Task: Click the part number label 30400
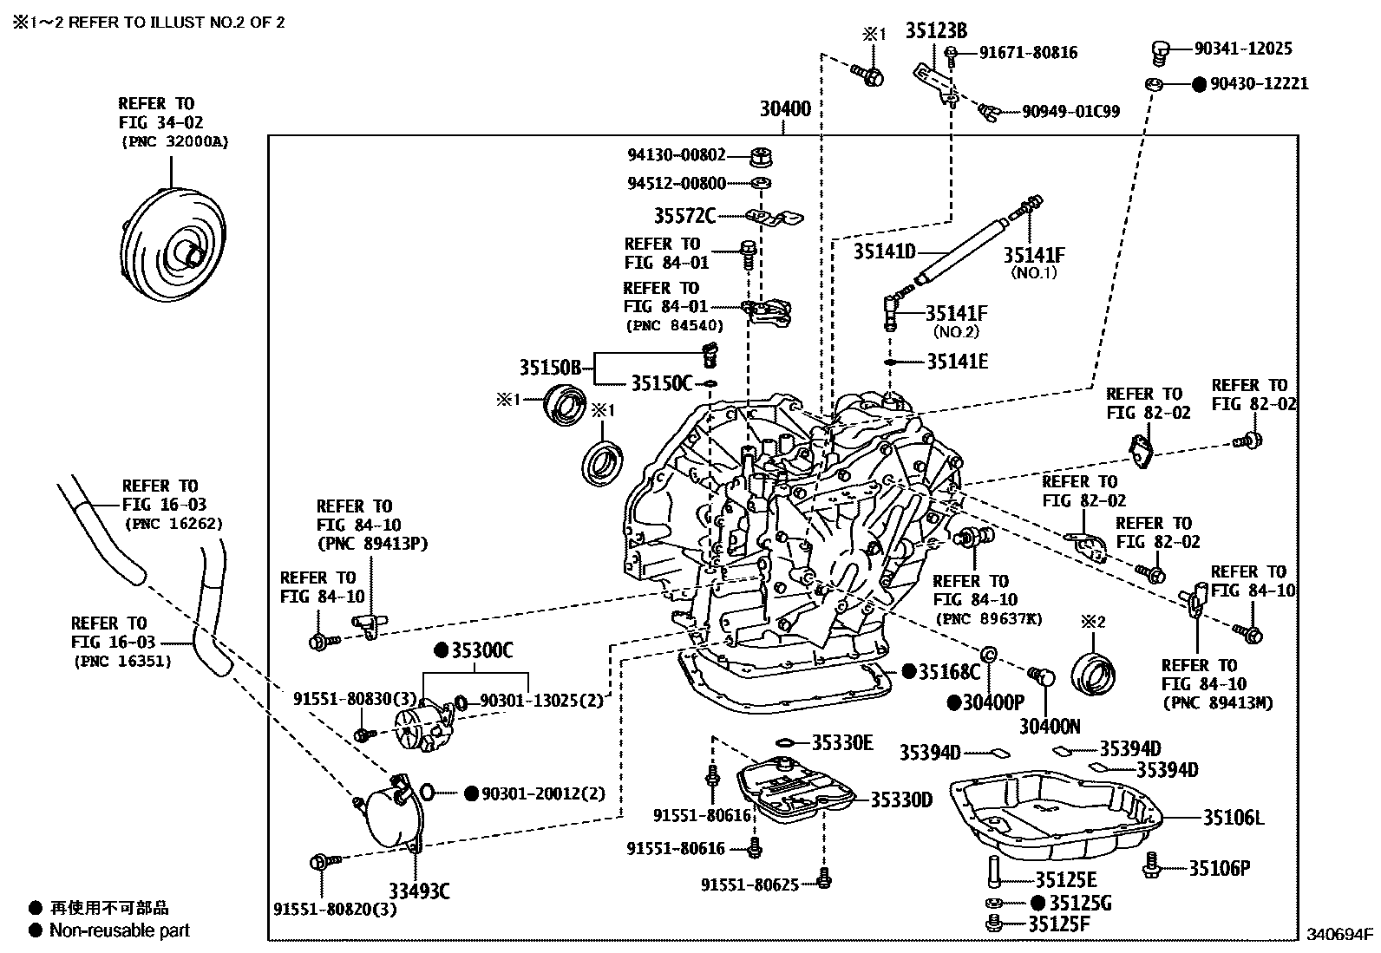coord(785,109)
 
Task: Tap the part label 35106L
coord(1234,817)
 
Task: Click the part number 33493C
coord(418,891)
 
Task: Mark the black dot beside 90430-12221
coord(1198,84)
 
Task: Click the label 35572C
coord(684,215)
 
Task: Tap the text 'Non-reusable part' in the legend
coord(119,930)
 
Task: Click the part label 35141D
coord(884,252)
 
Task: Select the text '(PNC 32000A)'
coord(174,142)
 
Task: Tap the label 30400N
coord(1050,726)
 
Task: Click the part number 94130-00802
coord(677,155)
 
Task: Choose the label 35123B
coord(936,31)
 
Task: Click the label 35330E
coord(842,742)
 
